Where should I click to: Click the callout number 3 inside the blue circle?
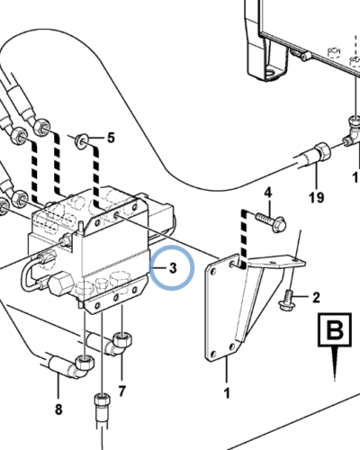pyautogui.click(x=173, y=268)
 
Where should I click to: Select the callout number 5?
pyautogui.click(x=111, y=139)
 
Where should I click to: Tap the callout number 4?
pyautogui.click(x=268, y=193)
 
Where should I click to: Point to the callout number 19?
pyautogui.click(x=317, y=198)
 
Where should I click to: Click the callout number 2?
pyautogui.click(x=316, y=298)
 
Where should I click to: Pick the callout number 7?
pyautogui.click(x=121, y=391)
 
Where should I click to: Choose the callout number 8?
pyautogui.click(x=58, y=409)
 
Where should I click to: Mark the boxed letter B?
pyautogui.click(x=335, y=329)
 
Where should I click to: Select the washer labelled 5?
pyautogui.click(x=80, y=141)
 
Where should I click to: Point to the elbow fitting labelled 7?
pyautogui.click(x=121, y=343)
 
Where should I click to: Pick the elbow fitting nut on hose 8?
pyautogui.click(x=84, y=364)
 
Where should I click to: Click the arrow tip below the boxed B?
pyautogui.click(x=335, y=381)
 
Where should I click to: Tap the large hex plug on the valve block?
pyautogui.click(x=61, y=283)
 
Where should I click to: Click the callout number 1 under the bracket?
pyautogui.click(x=227, y=392)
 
